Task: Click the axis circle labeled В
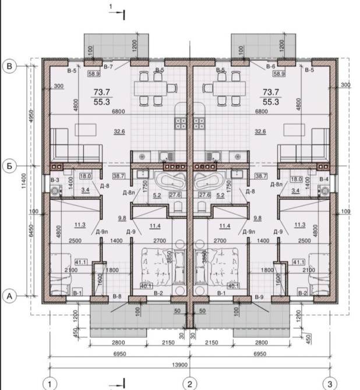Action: [9, 66]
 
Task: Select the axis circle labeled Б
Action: [9, 166]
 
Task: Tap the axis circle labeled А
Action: [9, 296]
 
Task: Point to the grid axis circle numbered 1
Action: [50, 384]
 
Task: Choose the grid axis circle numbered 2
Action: [190, 384]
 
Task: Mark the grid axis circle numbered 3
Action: [330, 384]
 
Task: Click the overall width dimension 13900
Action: [180, 365]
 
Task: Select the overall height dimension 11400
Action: [24, 181]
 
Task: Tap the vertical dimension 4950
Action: [31, 116]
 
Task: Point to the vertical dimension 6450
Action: [31, 231]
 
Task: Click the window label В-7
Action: [108, 67]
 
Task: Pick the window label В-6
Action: [271, 66]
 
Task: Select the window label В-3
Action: [55, 180]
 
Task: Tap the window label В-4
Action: [324, 179]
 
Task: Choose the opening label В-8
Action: [117, 296]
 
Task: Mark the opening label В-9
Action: [259, 297]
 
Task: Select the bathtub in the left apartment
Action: [170, 181]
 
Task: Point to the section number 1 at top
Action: [111, 7]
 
